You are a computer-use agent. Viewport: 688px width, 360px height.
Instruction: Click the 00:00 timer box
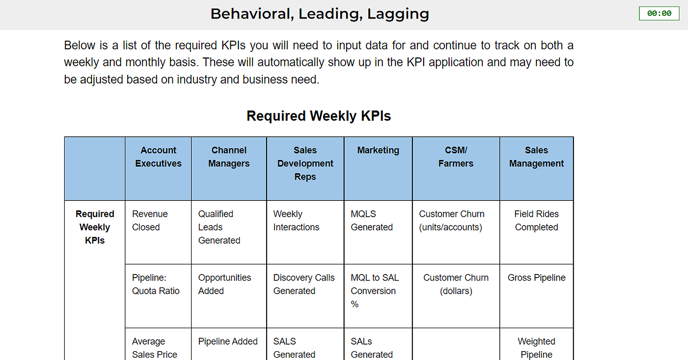point(659,13)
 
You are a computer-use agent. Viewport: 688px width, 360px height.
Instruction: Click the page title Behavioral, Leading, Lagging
point(320,14)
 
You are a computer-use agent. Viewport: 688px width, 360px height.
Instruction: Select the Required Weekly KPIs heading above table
point(319,116)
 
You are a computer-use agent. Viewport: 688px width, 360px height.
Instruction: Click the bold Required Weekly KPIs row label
point(95,227)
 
